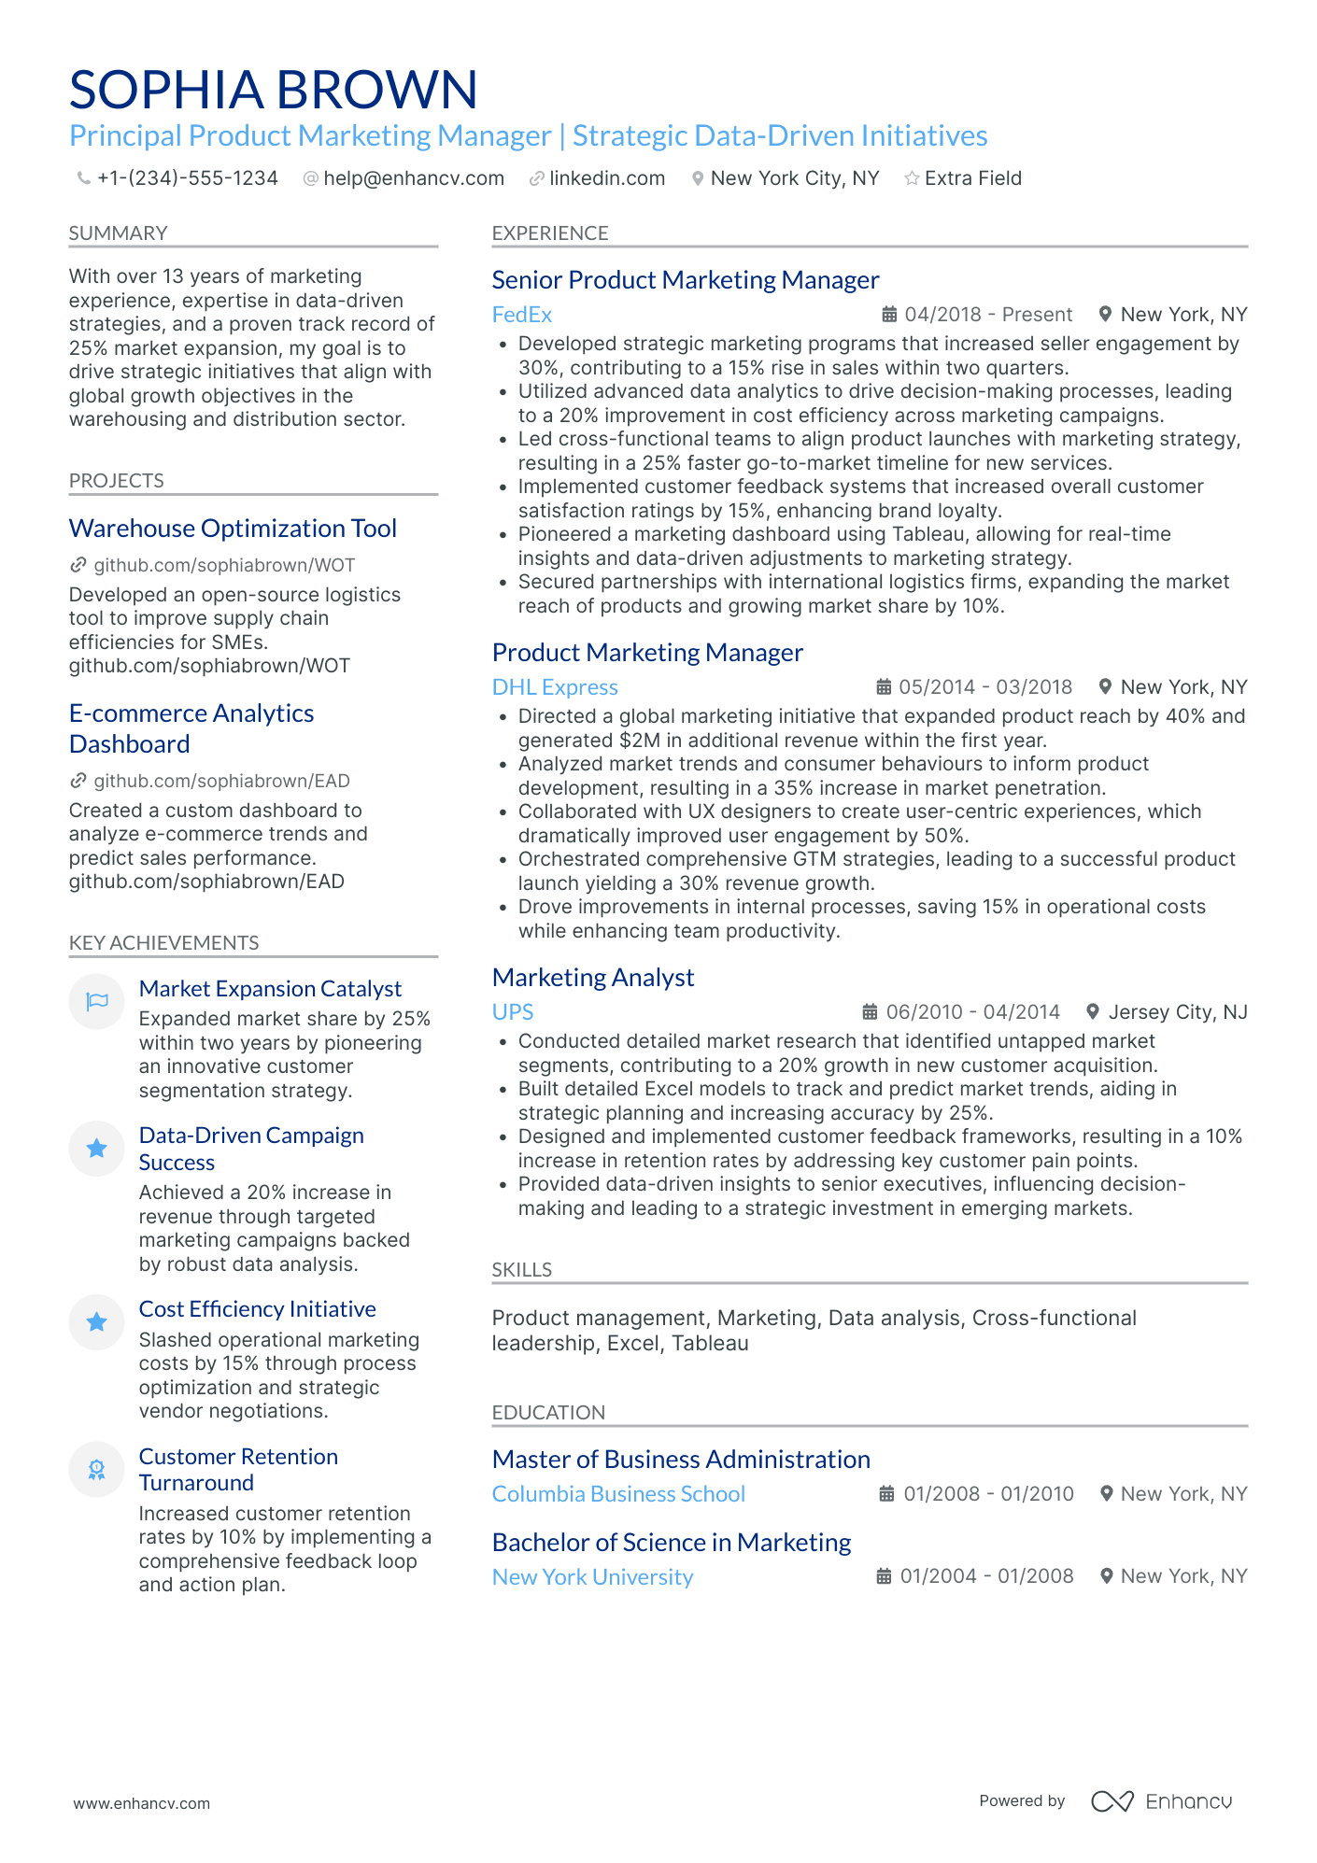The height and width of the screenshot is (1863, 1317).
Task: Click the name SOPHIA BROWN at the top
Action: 273,90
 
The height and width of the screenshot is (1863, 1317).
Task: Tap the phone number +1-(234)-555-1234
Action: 187,178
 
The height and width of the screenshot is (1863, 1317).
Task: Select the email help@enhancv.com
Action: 413,178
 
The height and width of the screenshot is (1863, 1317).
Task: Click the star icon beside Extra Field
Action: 912,178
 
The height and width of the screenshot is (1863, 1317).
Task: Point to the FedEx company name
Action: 521,315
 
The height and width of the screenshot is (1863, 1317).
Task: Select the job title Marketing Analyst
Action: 593,978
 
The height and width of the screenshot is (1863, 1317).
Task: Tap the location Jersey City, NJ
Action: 1177,1012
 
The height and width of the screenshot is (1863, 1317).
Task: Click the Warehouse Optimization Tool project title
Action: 233,529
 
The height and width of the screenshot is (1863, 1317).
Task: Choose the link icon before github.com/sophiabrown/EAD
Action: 78,781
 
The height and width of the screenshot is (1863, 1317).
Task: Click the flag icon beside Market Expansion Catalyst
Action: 96,1002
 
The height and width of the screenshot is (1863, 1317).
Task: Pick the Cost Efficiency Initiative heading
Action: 257,1309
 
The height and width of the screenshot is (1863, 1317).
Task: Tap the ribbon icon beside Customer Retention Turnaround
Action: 96,1470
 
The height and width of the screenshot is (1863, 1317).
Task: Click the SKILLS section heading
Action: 521,1270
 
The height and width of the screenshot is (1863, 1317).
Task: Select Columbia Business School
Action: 618,1494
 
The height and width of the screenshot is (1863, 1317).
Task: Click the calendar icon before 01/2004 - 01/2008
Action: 884,1576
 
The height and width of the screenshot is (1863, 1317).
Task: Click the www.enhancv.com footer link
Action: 142,1803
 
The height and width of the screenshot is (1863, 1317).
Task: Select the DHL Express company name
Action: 555,687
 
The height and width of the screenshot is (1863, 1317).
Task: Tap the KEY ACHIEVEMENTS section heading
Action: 163,943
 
